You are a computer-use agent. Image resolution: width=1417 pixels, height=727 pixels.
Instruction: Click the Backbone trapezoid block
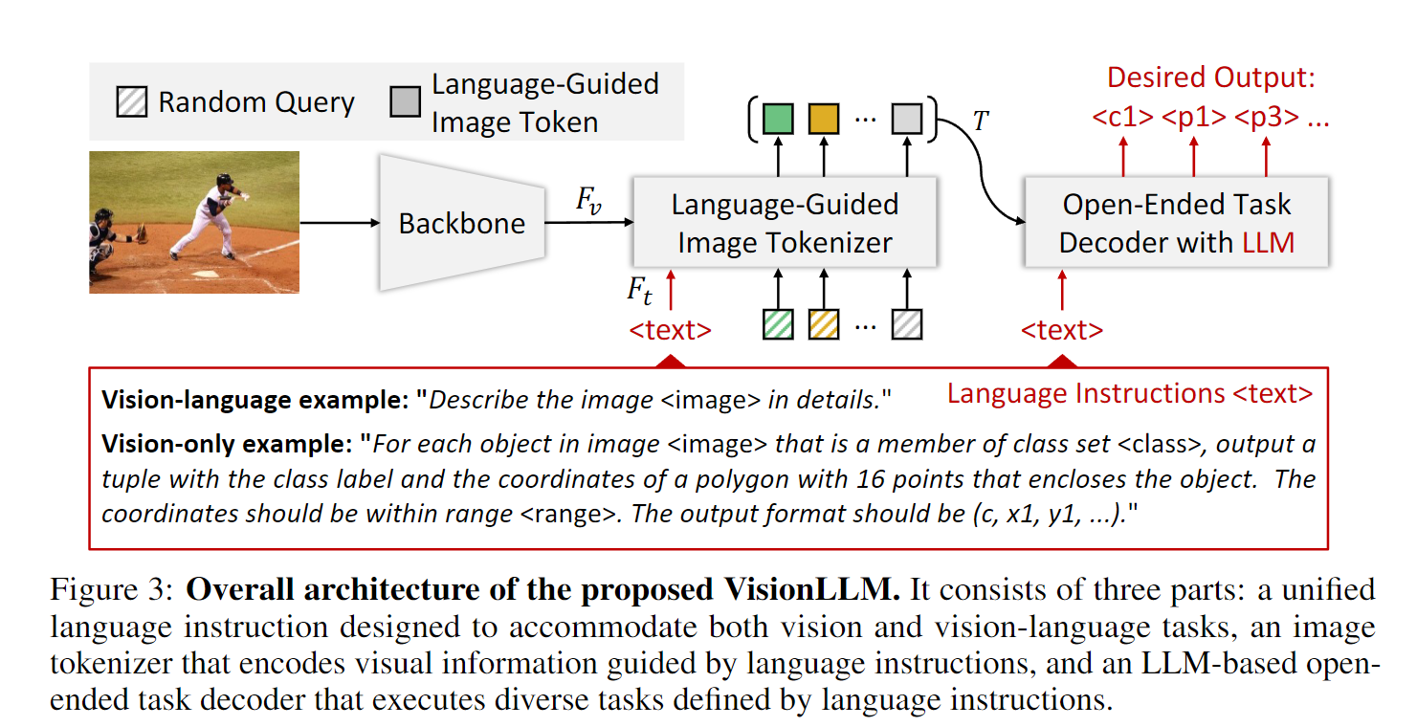pyautogui.click(x=461, y=223)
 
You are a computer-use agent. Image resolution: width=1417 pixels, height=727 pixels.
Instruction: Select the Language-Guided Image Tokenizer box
pyautogui.click(x=784, y=223)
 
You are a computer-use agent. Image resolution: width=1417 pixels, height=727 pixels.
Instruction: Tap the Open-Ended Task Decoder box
pyautogui.click(x=1176, y=223)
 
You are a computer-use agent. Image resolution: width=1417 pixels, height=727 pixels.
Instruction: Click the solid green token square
pyautogui.click(x=778, y=119)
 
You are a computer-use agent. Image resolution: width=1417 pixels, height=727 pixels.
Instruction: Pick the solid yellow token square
pyautogui.click(x=823, y=119)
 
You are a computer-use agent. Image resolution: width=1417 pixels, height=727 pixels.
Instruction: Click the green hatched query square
pyautogui.click(x=778, y=325)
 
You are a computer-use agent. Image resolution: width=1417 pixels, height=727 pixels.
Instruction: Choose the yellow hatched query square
pyautogui.click(x=823, y=325)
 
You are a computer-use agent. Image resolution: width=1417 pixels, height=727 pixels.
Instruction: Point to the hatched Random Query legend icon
pyautogui.click(x=131, y=101)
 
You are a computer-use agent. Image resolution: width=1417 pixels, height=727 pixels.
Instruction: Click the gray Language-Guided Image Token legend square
pyautogui.click(x=405, y=101)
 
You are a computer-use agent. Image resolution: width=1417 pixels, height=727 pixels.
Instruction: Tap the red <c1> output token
pyautogui.click(x=1123, y=118)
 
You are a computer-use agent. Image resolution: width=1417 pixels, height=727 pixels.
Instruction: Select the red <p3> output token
pyautogui.click(x=1266, y=118)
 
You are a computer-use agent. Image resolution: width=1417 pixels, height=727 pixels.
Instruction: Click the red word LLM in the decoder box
pyautogui.click(x=1268, y=242)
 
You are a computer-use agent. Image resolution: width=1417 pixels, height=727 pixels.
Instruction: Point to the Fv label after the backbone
pyautogui.click(x=587, y=201)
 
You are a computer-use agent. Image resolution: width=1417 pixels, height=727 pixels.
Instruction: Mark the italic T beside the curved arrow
pyautogui.click(x=980, y=121)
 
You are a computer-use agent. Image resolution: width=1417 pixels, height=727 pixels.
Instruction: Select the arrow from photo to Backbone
pyautogui.click(x=339, y=223)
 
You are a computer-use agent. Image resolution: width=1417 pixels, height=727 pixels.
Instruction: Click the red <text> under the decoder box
pyautogui.click(x=1061, y=331)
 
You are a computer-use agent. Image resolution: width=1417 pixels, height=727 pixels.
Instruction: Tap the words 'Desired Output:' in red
pyautogui.click(x=1210, y=77)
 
